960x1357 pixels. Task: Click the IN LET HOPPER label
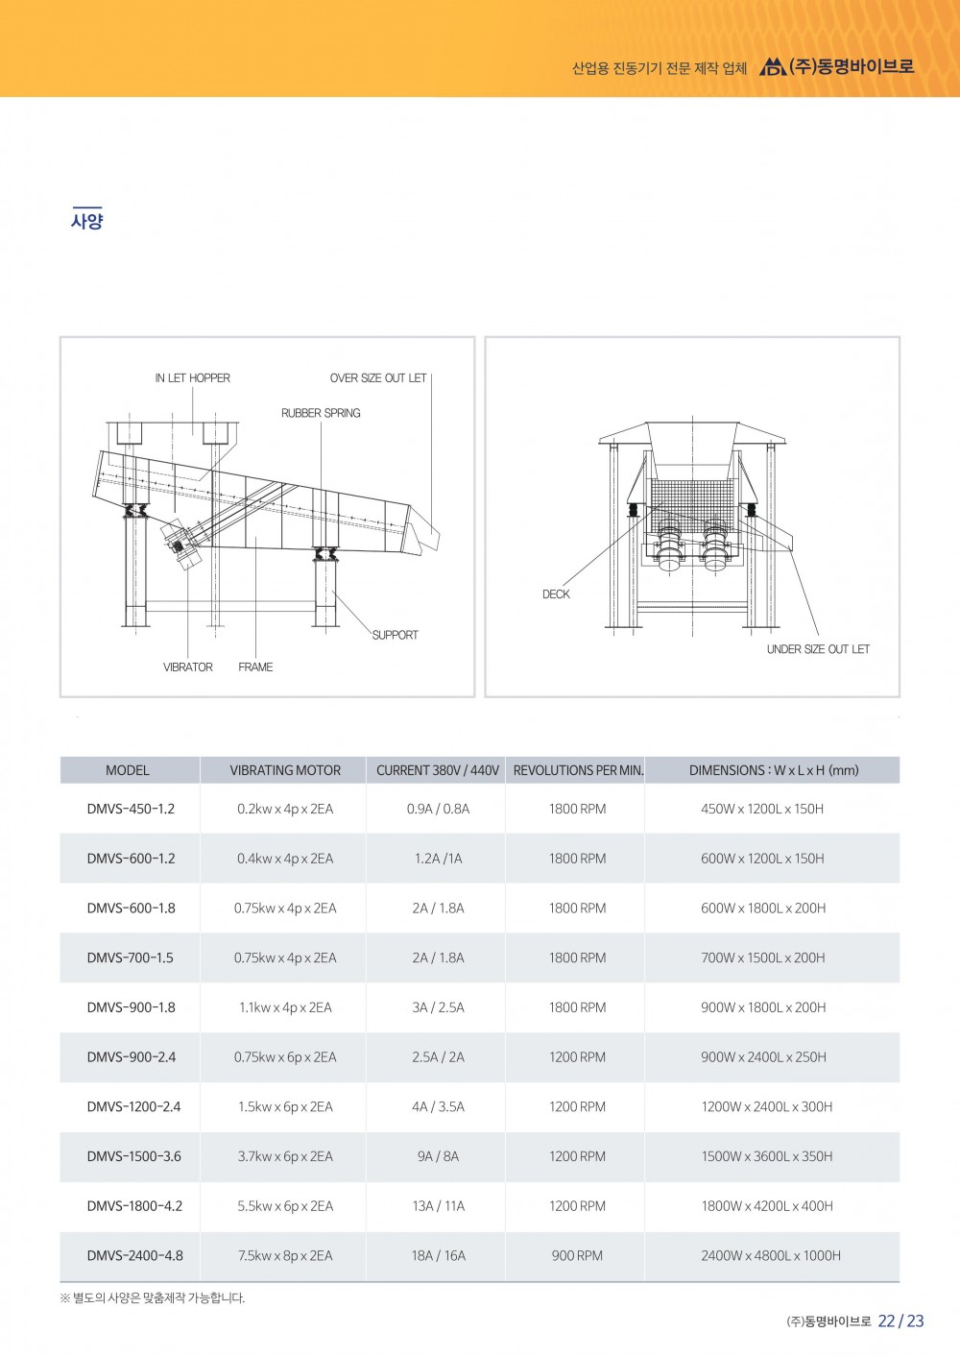point(192,378)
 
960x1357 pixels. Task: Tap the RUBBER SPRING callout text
point(321,413)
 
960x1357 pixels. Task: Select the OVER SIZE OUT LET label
point(378,378)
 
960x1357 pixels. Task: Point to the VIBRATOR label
point(188,667)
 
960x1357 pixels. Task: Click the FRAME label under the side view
point(255,667)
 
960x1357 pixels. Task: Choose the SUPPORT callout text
point(395,635)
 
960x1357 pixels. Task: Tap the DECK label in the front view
point(556,594)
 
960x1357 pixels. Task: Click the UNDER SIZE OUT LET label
point(818,649)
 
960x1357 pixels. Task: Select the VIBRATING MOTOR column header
point(285,770)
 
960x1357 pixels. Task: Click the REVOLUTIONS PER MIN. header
point(578,770)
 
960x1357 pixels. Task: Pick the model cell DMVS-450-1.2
point(131,809)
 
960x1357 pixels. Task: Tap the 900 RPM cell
point(577,1255)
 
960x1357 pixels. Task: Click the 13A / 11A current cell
point(438,1206)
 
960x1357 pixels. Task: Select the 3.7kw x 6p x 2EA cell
point(285,1156)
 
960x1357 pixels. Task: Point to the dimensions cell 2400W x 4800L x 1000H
point(771,1255)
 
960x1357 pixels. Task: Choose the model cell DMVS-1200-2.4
point(133,1106)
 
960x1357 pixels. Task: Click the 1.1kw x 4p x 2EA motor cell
point(285,1007)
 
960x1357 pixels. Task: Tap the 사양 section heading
point(86,221)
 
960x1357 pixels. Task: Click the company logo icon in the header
point(772,67)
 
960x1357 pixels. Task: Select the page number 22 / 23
point(900,1321)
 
